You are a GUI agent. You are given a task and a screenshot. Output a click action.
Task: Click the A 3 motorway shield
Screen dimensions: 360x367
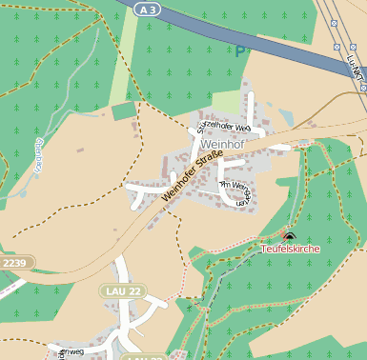[144, 9]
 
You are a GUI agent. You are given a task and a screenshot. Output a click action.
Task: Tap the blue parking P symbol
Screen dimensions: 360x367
[240, 49]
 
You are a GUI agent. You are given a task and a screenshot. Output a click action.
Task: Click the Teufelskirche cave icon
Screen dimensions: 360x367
[290, 235]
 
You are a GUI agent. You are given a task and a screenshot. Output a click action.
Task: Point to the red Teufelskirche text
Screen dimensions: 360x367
[290, 249]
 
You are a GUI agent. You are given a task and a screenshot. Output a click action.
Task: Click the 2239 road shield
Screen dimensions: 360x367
[15, 262]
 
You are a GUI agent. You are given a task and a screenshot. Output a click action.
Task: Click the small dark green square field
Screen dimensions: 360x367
[124, 111]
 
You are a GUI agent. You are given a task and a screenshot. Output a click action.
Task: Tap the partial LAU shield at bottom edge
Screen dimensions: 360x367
[143, 356]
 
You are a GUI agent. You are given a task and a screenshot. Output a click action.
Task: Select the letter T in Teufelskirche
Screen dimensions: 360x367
[264, 249]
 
